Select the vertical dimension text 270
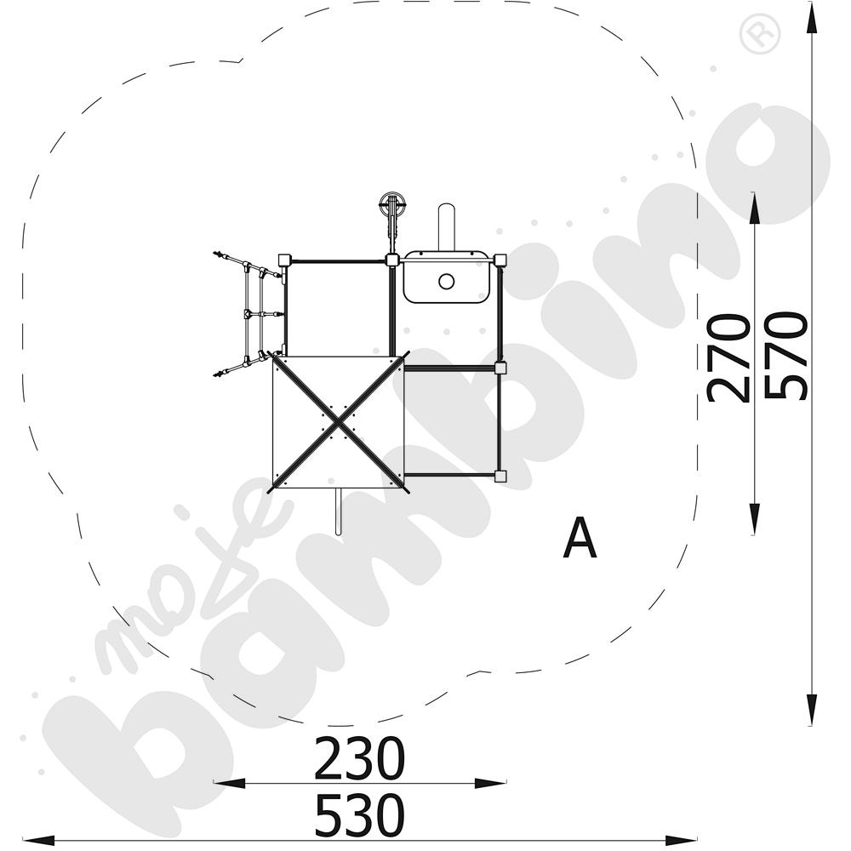point(729,357)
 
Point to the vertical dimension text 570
point(785,357)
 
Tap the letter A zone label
point(580,539)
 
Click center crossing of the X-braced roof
point(338,422)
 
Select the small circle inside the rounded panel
point(445,281)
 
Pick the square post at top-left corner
point(285,260)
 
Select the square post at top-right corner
point(500,260)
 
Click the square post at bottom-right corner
point(500,476)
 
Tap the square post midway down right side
point(500,368)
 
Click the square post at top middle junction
point(392,260)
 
